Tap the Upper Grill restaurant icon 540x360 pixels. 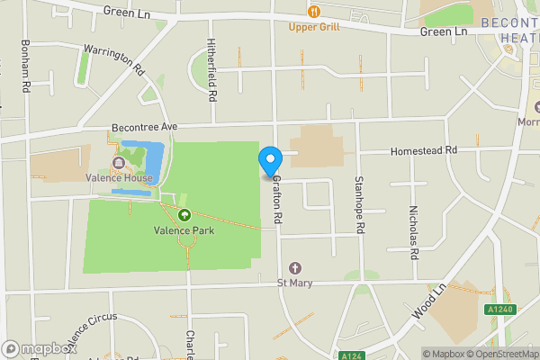point(314,11)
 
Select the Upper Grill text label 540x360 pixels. point(314,26)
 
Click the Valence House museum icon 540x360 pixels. point(118,162)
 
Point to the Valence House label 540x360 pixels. point(119,177)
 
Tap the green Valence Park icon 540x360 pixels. point(184,214)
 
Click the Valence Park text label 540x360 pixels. point(184,229)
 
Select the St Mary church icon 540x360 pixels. point(295,268)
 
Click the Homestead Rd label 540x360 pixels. point(424,150)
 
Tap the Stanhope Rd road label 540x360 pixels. point(358,205)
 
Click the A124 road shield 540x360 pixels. point(351,355)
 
